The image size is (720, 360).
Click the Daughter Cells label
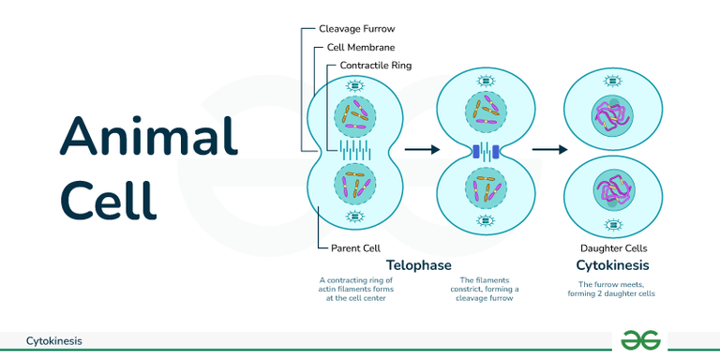(x=614, y=248)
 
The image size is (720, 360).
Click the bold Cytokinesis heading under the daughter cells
(x=614, y=265)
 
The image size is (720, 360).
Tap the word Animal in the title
(x=149, y=136)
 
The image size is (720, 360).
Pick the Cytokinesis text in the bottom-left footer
(x=53, y=341)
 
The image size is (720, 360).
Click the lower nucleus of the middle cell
(x=485, y=190)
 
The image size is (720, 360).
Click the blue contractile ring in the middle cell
(x=485, y=151)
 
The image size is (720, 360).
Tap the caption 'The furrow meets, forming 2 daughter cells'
(x=616, y=288)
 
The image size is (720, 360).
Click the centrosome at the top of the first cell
(x=355, y=85)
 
